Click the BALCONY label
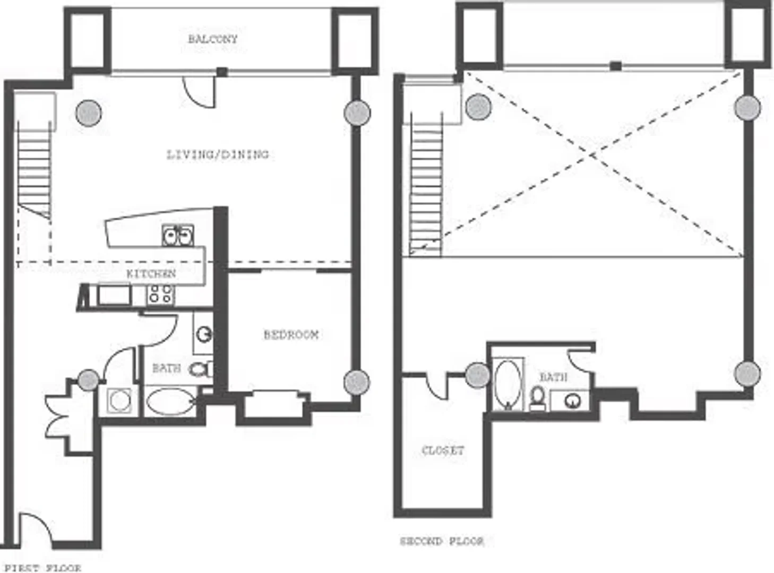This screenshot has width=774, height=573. (x=212, y=39)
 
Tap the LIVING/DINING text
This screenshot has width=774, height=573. (x=218, y=154)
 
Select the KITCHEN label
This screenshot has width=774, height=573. (x=151, y=273)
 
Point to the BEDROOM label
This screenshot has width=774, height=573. (x=291, y=335)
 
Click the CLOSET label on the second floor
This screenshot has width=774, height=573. (x=443, y=450)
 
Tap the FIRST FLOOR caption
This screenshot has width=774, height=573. (x=42, y=568)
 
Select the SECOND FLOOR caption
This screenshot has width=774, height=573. (x=442, y=541)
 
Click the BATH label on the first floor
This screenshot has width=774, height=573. (x=167, y=368)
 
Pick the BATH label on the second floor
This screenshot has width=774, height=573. (x=554, y=377)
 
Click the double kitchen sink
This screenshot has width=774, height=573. (x=178, y=236)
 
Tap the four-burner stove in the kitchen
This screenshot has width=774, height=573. (x=160, y=294)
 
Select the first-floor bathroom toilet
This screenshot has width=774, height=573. (x=201, y=369)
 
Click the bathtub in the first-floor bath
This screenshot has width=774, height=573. (x=170, y=401)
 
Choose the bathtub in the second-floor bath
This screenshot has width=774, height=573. (x=508, y=384)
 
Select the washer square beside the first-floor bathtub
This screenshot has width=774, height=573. (x=119, y=401)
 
